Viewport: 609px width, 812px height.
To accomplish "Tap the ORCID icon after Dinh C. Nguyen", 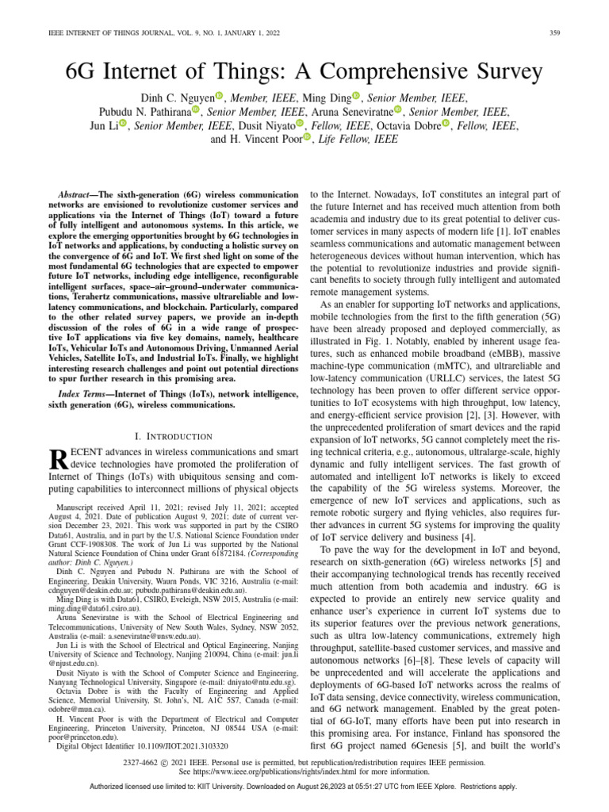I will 220,97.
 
